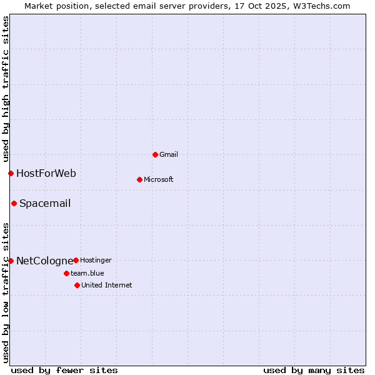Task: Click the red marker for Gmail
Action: click(155, 154)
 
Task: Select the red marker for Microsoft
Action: click(139, 179)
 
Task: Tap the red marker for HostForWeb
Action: click(11, 173)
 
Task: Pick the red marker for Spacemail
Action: click(14, 203)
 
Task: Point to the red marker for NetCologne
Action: click(11, 261)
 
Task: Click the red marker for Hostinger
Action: click(76, 260)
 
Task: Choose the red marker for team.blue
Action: click(66, 273)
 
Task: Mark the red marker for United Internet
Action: click(77, 285)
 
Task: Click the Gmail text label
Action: click(169, 154)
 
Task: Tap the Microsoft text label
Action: click(159, 179)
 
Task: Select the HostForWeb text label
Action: click(46, 173)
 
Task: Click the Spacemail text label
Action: click(45, 203)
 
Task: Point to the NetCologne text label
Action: click(44, 261)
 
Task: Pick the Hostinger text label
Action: click(96, 260)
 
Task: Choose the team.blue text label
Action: click(87, 273)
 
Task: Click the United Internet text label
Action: click(107, 285)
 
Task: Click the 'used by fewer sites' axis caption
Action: click(64, 370)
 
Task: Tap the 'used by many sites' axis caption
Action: click(314, 370)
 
